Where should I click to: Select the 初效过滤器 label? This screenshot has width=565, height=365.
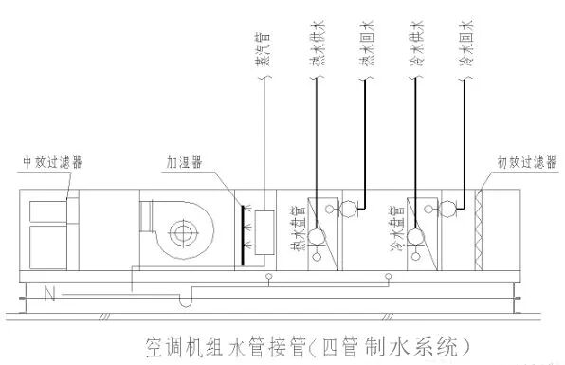click(x=520, y=162)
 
